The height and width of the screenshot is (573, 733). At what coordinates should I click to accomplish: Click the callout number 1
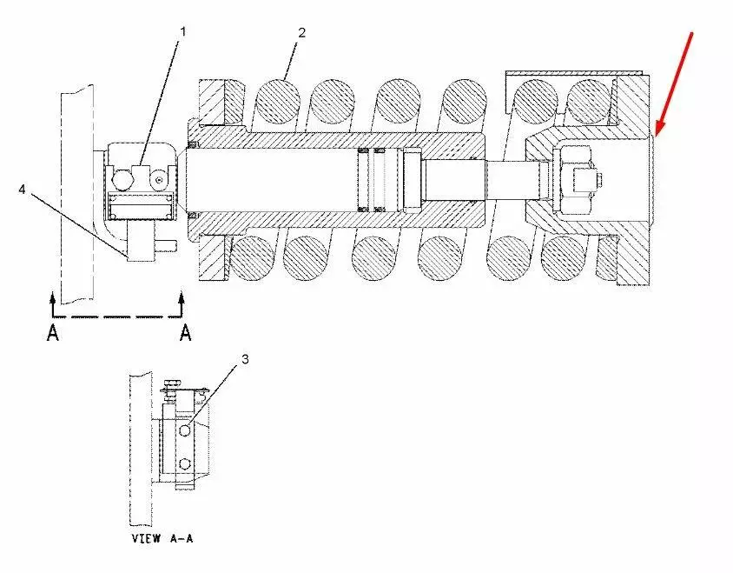coord(183,32)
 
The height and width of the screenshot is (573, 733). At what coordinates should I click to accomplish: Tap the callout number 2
coord(302,33)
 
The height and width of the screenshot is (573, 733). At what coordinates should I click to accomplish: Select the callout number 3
coord(245,359)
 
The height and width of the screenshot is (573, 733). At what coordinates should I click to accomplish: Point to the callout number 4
coord(22,190)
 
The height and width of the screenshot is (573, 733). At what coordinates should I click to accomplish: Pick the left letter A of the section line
coord(53,333)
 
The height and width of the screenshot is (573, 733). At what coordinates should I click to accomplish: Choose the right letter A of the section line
coord(186,333)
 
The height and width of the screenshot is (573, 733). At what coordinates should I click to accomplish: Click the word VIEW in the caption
coord(146,538)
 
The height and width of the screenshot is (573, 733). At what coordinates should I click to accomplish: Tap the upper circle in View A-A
coord(185,430)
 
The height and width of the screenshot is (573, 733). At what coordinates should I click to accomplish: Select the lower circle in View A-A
coord(185,463)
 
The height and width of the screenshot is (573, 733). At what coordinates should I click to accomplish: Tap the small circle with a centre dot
coord(159,180)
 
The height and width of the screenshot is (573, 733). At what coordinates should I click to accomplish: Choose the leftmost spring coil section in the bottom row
coord(252,258)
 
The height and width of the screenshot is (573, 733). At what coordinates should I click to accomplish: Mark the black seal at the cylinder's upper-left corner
coord(193,143)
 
